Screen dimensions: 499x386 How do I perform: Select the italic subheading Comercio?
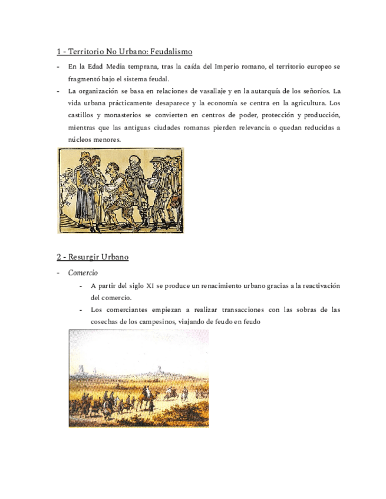pos(83,273)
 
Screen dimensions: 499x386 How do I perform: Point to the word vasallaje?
pos(210,91)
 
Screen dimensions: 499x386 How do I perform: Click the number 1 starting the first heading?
pos(58,52)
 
